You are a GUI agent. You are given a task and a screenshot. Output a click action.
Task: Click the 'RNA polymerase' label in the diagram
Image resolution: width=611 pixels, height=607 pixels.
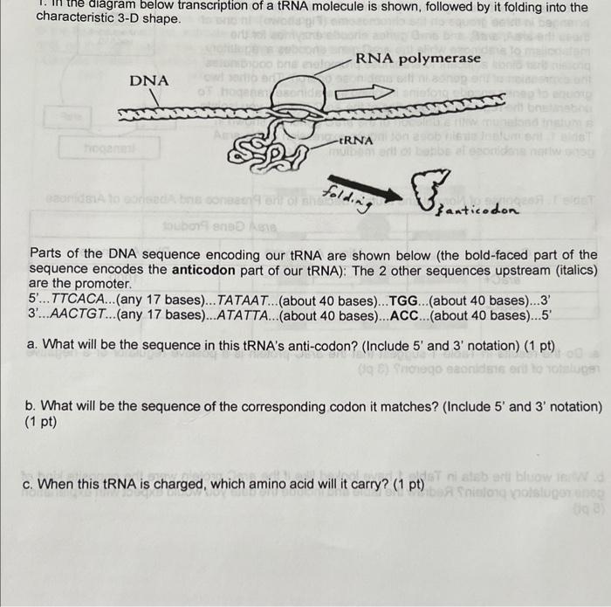[x=417, y=59]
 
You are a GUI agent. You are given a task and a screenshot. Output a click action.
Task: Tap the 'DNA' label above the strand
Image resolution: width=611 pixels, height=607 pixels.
[x=149, y=80]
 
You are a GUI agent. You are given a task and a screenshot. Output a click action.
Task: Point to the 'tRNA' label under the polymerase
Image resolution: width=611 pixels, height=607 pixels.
[x=355, y=140]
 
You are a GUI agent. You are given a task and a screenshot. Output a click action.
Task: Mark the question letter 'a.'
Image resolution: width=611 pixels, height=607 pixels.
[x=33, y=344]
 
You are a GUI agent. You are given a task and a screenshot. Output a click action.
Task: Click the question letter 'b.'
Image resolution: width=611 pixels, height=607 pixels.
[x=33, y=407]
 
